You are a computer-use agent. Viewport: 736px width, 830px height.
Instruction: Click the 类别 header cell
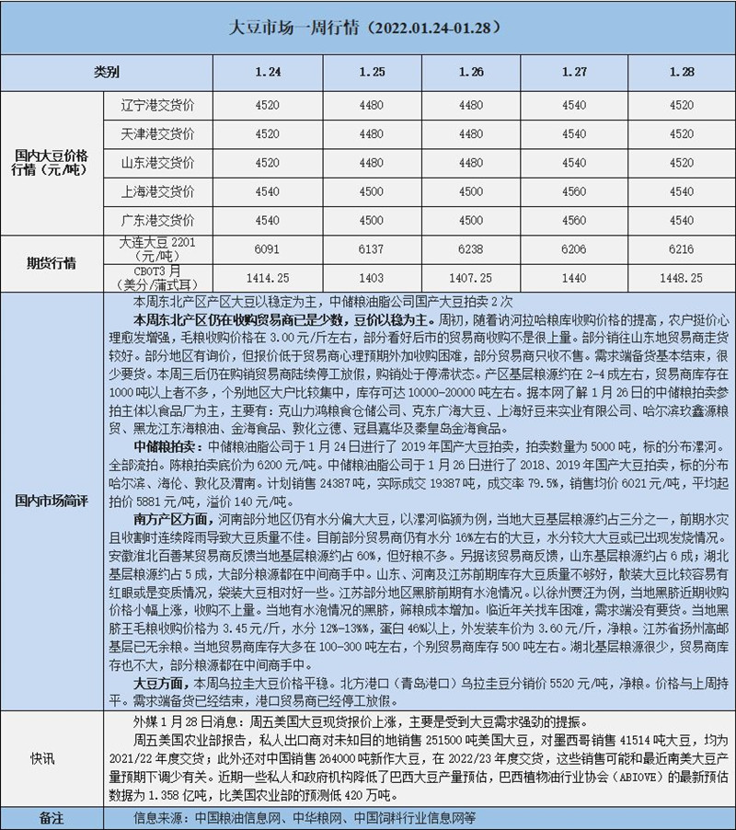[107, 71]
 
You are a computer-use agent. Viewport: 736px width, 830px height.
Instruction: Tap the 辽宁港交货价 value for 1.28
[681, 105]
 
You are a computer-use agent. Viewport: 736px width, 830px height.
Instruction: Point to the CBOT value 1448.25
[681, 276]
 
